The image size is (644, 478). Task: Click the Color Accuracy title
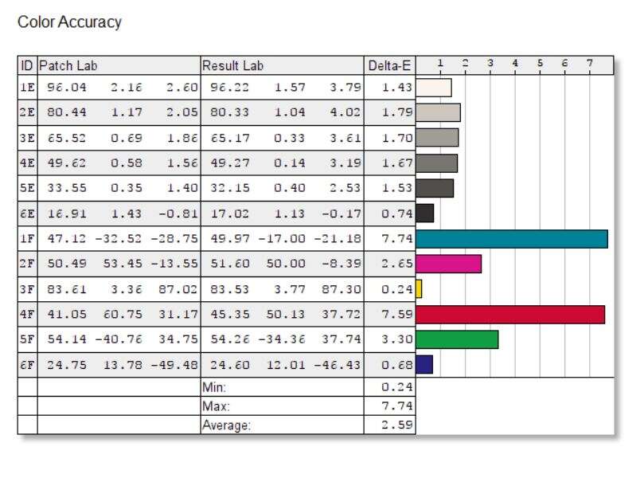tap(69, 22)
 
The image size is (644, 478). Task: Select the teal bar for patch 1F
tap(511, 239)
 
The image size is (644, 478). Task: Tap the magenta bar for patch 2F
tap(448, 264)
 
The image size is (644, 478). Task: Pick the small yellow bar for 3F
tap(419, 289)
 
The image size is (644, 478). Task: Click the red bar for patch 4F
tap(509, 315)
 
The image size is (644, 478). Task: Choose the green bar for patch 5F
tap(457, 339)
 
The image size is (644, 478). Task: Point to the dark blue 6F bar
tap(424, 364)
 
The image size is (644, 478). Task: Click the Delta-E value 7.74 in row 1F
tap(396, 239)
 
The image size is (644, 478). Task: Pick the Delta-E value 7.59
tap(396, 315)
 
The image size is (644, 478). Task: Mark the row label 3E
tap(27, 138)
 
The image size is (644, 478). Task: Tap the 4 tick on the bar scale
tap(515, 63)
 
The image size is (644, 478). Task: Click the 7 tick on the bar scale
tap(590, 63)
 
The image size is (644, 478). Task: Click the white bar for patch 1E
tap(434, 88)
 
